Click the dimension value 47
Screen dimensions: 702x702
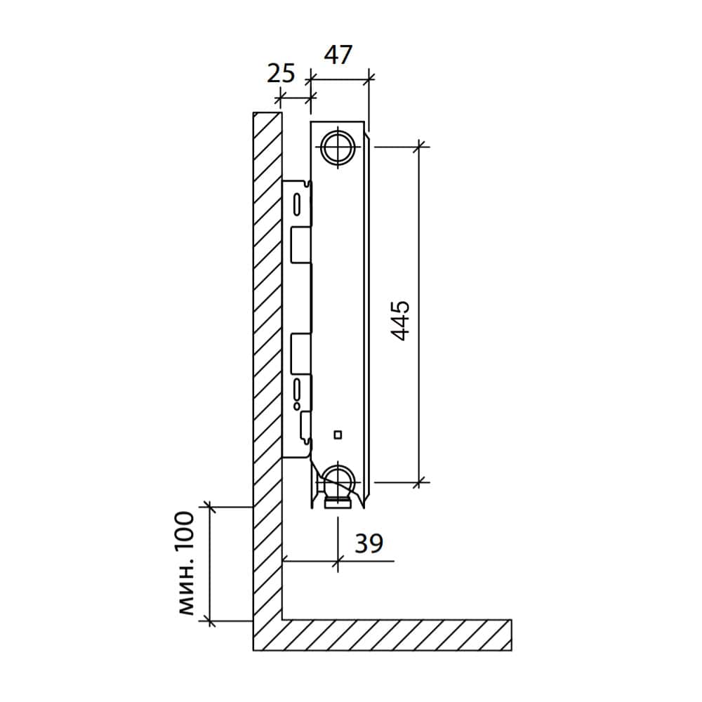pyautogui.click(x=338, y=55)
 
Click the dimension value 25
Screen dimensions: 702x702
pyautogui.click(x=282, y=74)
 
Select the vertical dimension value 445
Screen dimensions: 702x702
pyautogui.click(x=400, y=321)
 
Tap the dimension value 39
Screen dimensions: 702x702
pyautogui.click(x=369, y=543)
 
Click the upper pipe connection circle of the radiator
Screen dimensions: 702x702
pyautogui.click(x=338, y=147)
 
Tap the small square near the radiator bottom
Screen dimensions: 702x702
pyautogui.click(x=338, y=435)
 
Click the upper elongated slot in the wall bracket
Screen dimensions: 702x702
pyautogui.click(x=297, y=204)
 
